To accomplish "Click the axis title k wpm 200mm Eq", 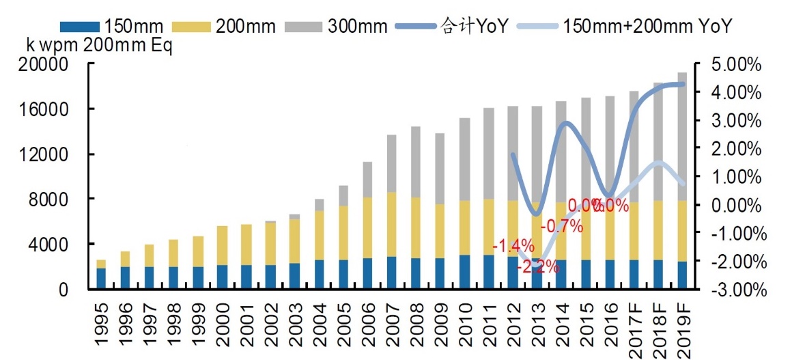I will coord(99,46).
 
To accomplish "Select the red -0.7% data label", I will coord(561,226).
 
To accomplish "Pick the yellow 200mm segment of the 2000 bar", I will coord(222,245).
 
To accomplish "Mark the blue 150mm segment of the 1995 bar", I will coord(101,279).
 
